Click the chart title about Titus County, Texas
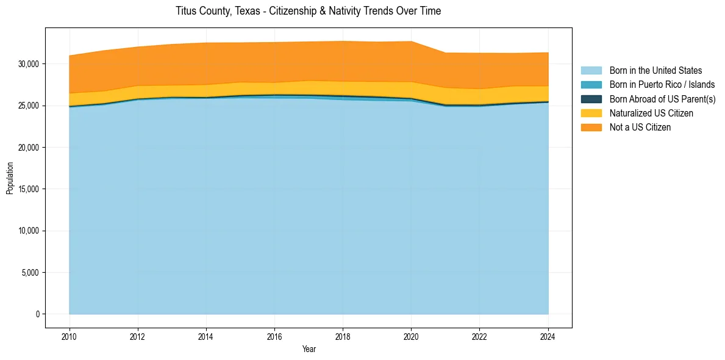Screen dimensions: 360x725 (x=308, y=11)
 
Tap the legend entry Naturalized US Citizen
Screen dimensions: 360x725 (x=651, y=113)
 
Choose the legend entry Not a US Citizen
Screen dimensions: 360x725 (x=640, y=128)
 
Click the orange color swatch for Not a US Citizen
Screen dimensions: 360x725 (x=591, y=128)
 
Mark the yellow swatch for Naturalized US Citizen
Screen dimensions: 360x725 (x=591, y=113)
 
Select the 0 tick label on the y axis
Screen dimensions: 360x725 (x=37, y=314)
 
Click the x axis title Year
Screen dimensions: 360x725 (x=309, y=349)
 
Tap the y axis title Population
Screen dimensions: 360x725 (x=10, y=178)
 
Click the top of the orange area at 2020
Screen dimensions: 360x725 (x=412, y=41)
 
